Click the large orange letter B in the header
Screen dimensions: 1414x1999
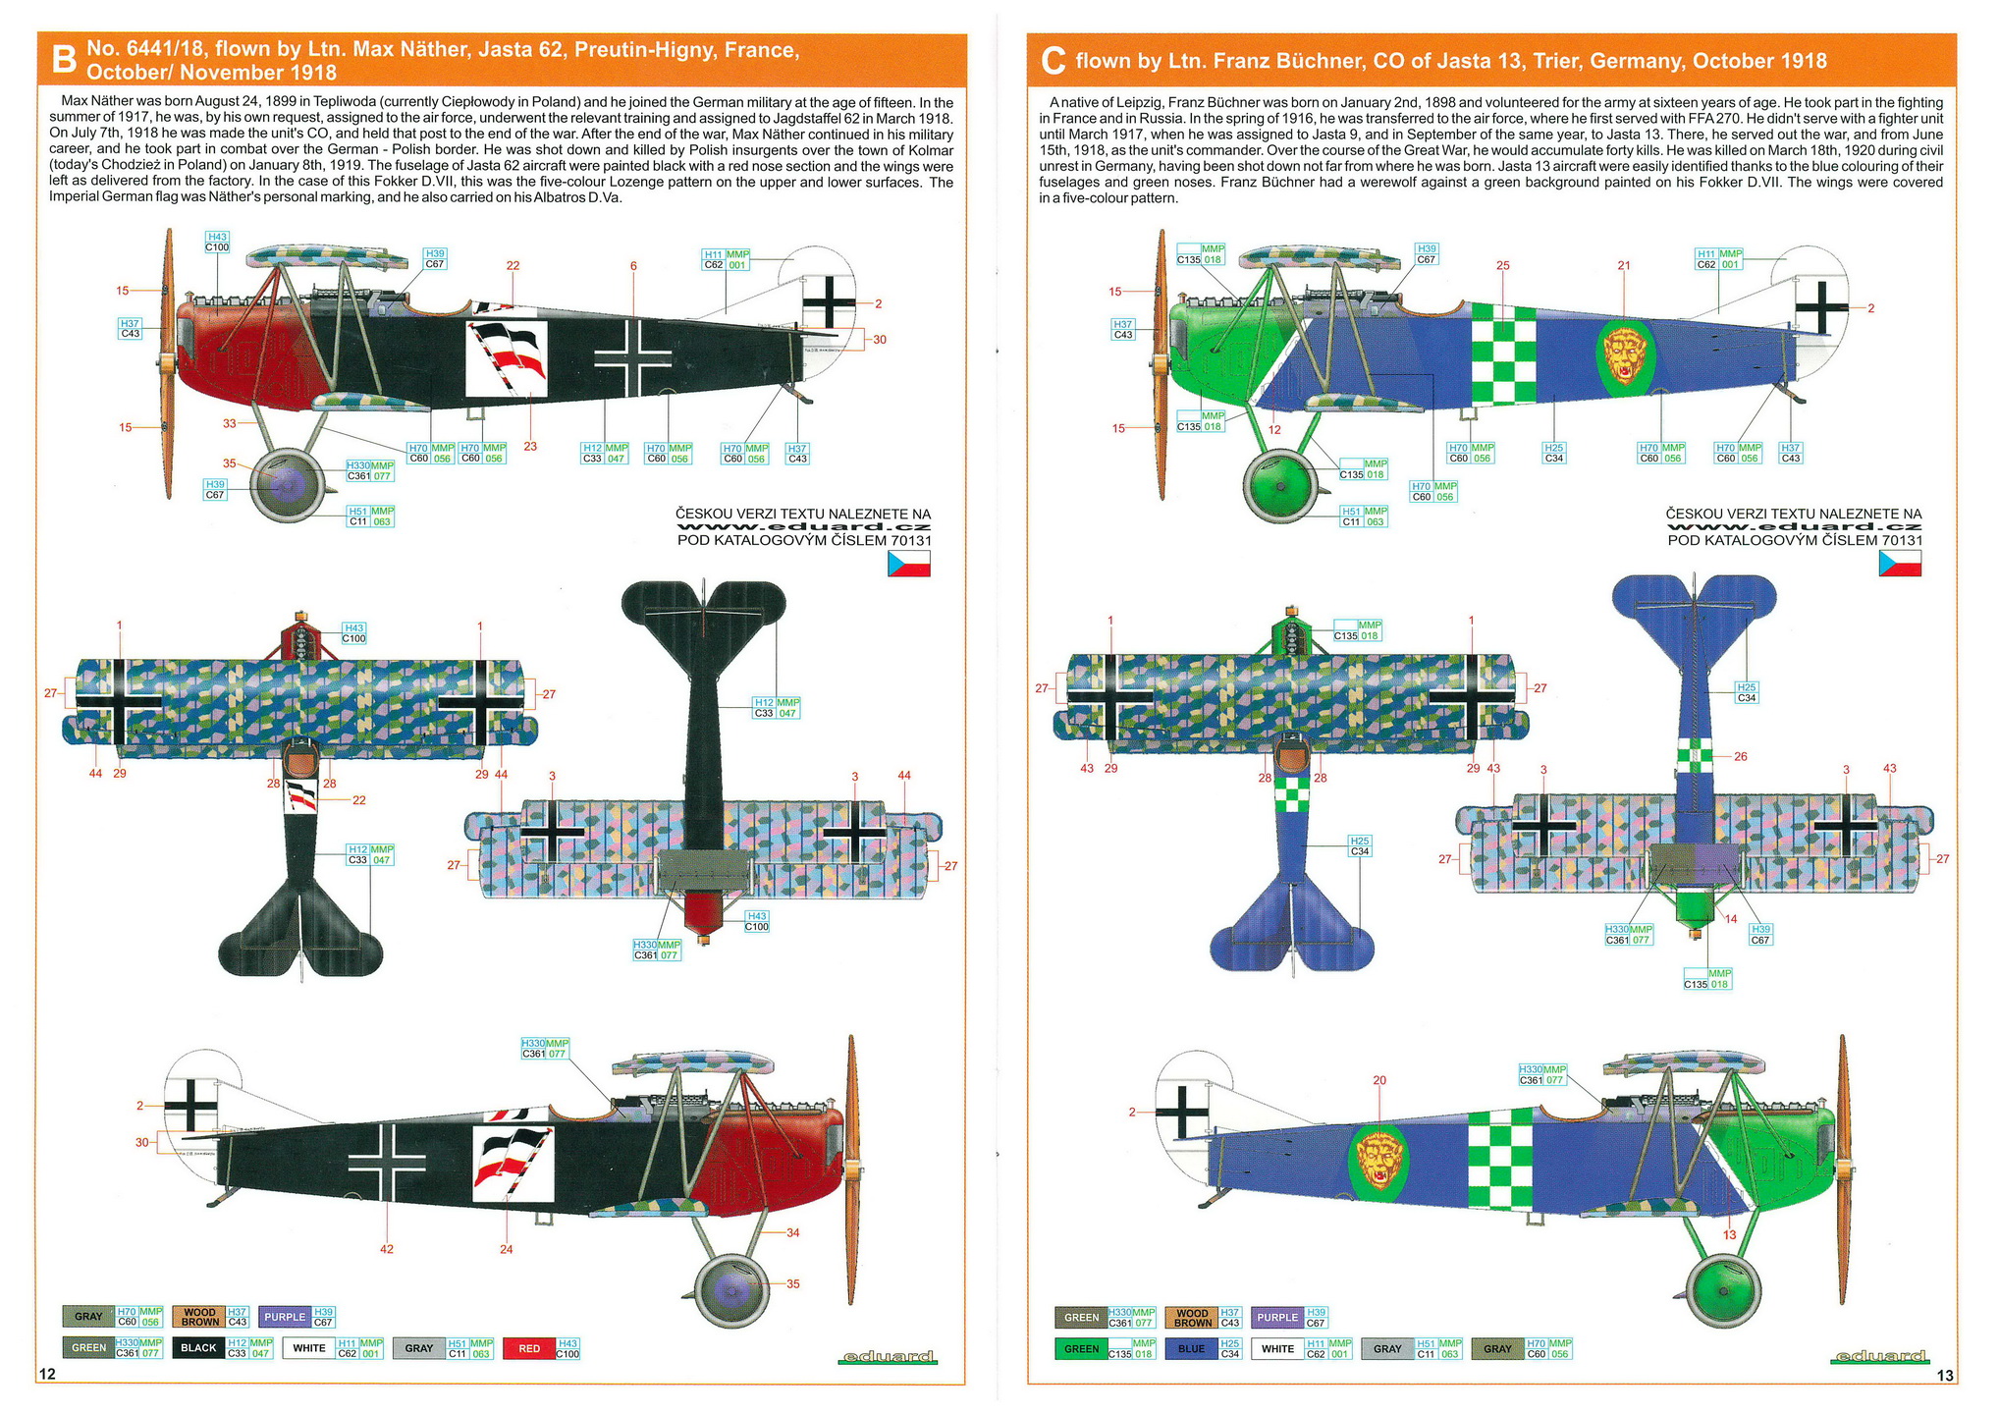tap(63, 60)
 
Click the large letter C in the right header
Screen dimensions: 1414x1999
tap(1053, 61)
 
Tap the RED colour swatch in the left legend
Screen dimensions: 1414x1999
tap(528, 1348)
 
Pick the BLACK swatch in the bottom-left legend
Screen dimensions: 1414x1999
tap(198, 1348)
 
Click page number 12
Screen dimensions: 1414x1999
tap(46, 1374)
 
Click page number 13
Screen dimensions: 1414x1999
tap(1945, 1376)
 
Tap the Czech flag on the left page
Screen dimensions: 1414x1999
tap(908, 564)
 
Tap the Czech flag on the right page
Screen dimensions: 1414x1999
tap(1900, 564)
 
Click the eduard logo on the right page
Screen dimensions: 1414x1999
tap(1879, 1356)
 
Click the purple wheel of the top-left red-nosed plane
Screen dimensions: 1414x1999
tap(286, 484)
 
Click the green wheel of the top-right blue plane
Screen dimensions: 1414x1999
tap(1279, 486)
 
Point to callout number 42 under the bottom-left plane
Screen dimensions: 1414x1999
tap(387, 1249)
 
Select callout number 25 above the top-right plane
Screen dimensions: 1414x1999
tap(1503, 265)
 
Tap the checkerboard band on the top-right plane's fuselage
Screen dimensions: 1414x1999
tap(1503, 353)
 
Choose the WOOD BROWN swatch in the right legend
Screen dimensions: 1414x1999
tap(1192, 1317)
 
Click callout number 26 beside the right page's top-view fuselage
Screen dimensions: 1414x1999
tap(1741, 756)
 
